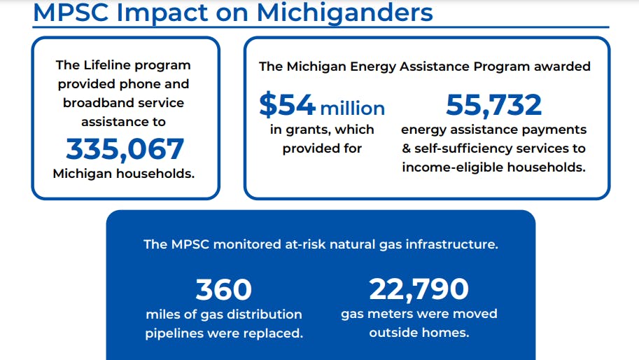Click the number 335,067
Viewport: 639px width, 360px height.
[x=125, y=149]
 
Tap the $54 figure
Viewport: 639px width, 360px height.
[x=288, y=104]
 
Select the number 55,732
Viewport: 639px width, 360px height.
[x=493, y=105]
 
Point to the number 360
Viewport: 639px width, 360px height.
[x=224, y=289]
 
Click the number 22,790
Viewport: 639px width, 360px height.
[x=419, y=289]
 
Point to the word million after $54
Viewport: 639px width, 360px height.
[x=353, y=109]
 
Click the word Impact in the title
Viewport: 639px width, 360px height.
[x=162, y=13]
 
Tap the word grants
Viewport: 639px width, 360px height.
[x=308, y=130]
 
